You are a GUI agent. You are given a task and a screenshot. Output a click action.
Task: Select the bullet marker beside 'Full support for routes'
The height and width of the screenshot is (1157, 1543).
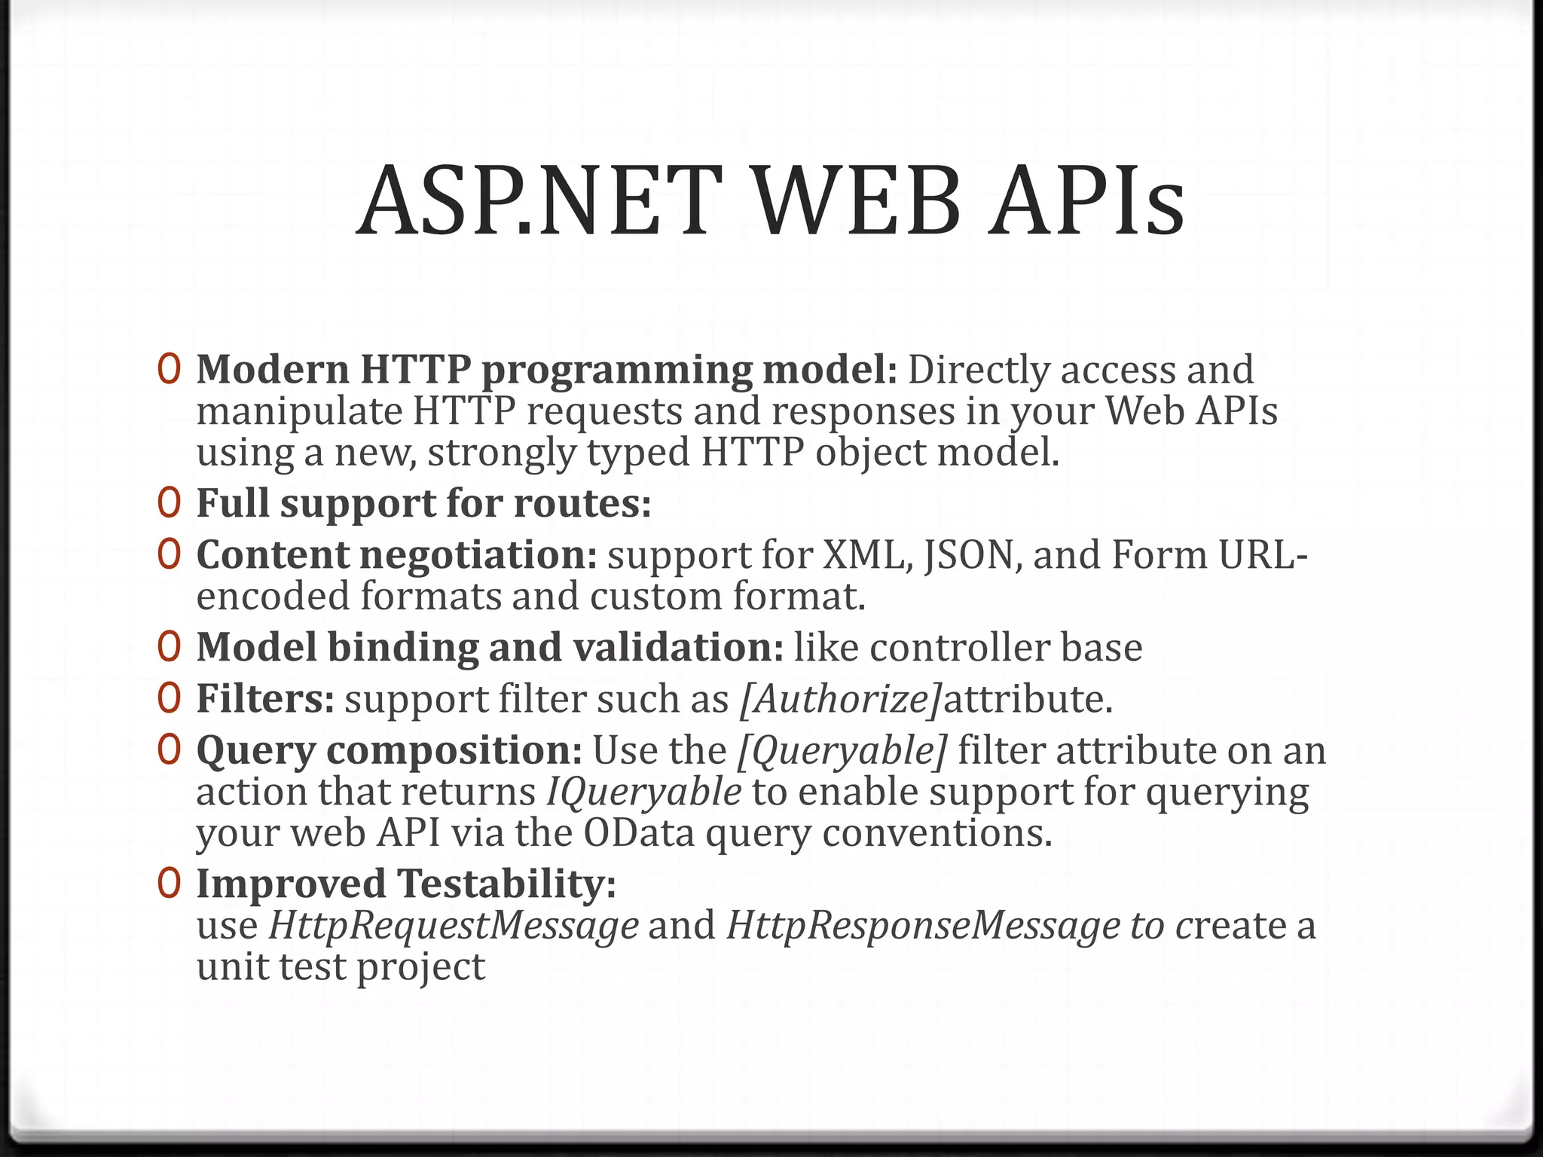tap(169, 502)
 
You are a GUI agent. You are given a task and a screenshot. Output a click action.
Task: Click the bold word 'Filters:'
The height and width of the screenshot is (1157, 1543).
tap(265, 698)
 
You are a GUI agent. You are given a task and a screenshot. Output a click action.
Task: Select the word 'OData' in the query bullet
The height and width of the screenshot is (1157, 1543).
tap(638, 833)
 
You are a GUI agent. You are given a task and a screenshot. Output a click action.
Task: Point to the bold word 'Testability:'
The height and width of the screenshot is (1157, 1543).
tap(506, 884)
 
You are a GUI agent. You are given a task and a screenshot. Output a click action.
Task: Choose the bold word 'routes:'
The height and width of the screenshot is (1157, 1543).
tap(582, 503)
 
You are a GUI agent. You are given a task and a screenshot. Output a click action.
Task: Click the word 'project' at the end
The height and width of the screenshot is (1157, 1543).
tap(420, 967)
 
